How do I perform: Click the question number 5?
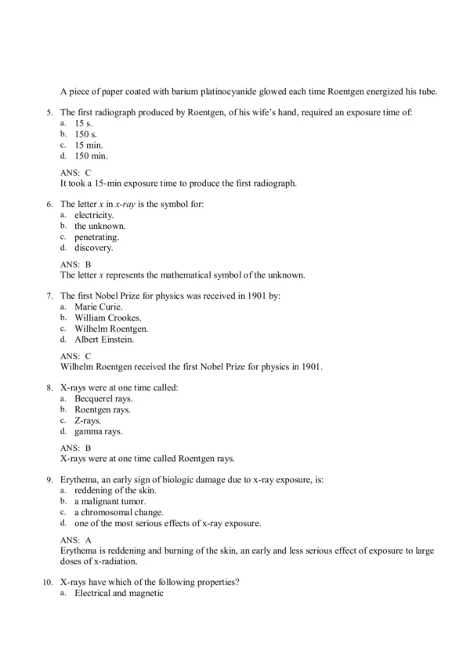[x=49, y=113]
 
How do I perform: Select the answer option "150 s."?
[x=86, y=135]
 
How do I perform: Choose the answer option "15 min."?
[x=89, y=146]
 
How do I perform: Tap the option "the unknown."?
[x=99, y=226]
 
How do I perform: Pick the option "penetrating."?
[x=96, y=237]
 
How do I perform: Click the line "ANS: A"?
[x=76, y=540]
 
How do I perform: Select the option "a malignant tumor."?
[x=110, y=501]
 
